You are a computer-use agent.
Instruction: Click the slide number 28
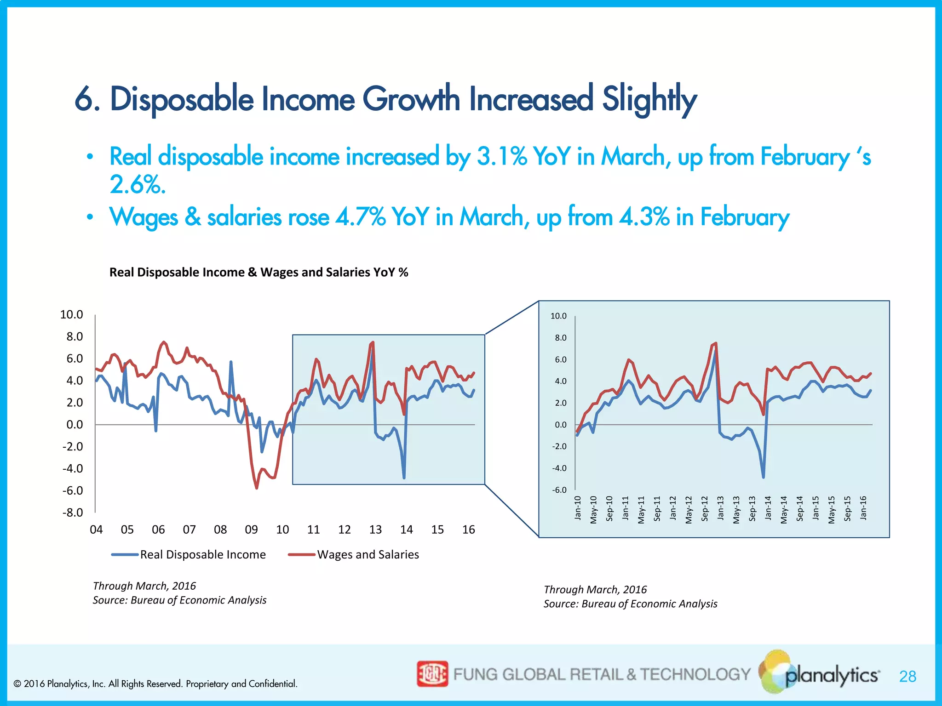(908, 677)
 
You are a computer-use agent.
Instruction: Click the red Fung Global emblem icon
(432, 674)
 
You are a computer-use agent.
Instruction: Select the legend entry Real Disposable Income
(202, 554)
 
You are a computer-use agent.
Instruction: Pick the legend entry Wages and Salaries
(368, 554)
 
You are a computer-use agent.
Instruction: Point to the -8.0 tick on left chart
(73, 512)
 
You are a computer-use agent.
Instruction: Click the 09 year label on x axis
(251, 529)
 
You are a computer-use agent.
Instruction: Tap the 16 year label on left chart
(468, 529)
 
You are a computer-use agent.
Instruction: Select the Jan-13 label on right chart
(720, 508)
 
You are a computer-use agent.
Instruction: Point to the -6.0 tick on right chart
(559, 490)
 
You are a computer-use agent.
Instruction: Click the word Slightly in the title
(649, 99)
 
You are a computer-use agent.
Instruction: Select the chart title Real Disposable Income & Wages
(258, 272)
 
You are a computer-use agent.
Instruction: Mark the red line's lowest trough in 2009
(256, 488)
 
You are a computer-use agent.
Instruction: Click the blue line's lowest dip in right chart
(764, 477)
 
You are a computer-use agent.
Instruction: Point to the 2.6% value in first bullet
(137, 185)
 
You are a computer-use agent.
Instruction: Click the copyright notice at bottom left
(155, 684)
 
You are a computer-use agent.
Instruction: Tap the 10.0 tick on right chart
(558, 316)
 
